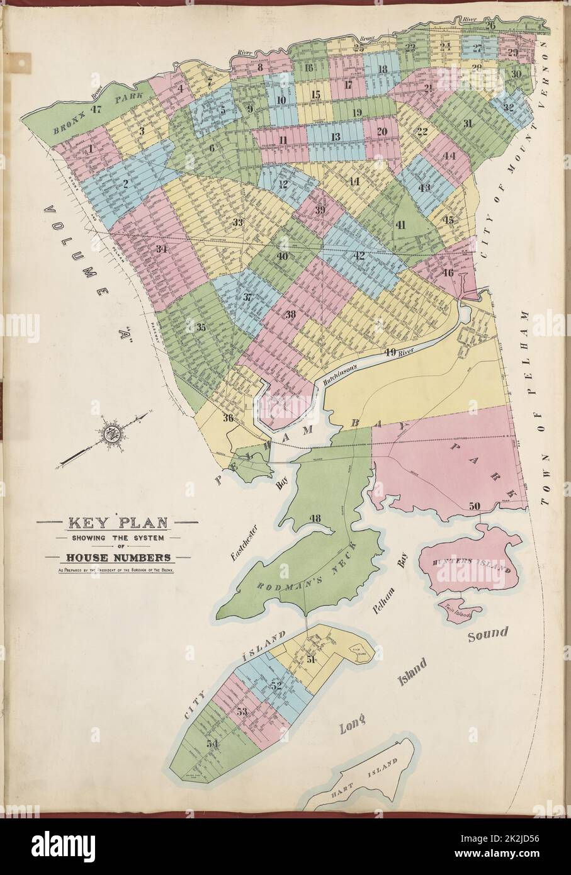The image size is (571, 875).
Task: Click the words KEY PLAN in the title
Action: coord(117,523)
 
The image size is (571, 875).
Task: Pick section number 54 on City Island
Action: coord(211,743)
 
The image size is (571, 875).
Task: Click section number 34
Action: coord(161,249)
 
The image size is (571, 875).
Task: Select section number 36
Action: coord(228,417)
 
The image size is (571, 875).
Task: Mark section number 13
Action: coord(336,137)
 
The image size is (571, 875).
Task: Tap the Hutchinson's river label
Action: coord(340,373)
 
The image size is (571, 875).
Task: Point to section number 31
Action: coord(466,124)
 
